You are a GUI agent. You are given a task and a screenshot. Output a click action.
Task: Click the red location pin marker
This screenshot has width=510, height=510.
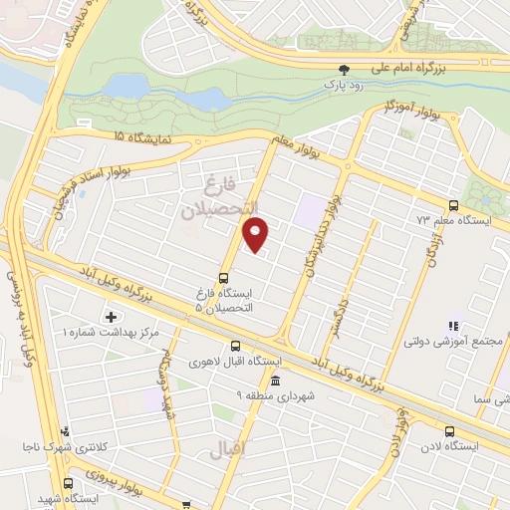pos(257,235)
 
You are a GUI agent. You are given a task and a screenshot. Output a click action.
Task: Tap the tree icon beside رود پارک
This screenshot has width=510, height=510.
pos(345,70)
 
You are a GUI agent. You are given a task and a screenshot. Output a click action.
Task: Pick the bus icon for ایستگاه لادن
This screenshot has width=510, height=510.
pos(449,431)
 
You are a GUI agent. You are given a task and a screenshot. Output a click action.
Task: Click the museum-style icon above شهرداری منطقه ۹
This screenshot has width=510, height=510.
pos(275,381)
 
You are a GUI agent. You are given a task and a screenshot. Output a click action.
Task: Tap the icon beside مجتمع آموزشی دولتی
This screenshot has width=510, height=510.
pos(451,326)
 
